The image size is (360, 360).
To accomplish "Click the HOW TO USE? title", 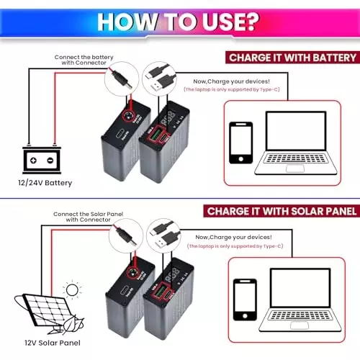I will coord(180,21).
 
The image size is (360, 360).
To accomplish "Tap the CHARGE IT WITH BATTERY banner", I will coord(291,58).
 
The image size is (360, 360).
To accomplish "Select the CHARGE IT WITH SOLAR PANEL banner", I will coord(280,212).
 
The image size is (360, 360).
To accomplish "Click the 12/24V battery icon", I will coord(40,159).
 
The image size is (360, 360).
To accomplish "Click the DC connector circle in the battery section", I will coord(120,82).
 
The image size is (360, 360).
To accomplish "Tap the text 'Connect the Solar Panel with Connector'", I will coord(80,217).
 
